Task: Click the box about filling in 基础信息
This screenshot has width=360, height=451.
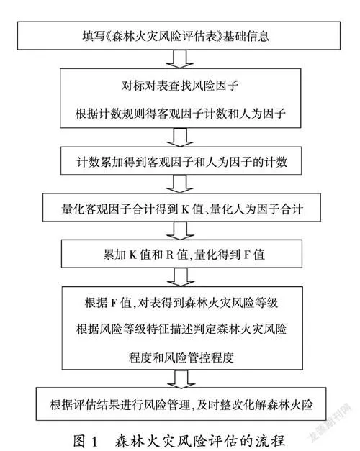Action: click(x=179, y=35)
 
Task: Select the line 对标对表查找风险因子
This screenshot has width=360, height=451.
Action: click(x=180, y=86)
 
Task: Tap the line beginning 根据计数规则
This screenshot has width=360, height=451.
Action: click(x=180, y=114)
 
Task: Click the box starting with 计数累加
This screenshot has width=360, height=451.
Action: click(x=181, y=161)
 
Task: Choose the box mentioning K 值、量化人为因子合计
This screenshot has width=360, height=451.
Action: click(x=181, y=207)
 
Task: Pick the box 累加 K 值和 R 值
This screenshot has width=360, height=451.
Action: click(x=181, y=254)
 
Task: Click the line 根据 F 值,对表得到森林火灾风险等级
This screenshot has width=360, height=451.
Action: click(x=181, y=303)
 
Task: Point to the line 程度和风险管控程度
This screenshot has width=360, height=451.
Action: click(x=181, y=357)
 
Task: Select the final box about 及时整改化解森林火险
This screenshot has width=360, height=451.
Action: click(x=181, y=404)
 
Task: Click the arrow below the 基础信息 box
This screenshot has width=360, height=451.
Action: click(x=180, y=59)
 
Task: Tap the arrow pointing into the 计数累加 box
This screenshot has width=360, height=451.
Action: click(x=180, y=137)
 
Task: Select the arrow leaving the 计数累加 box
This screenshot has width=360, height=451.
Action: click(x=180, y=184)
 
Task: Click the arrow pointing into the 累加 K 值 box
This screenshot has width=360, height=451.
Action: click(x=181, y=231)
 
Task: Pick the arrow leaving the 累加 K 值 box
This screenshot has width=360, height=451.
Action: click(x=181, y=277)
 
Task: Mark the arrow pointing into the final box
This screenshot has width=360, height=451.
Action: click(x=181, y=378)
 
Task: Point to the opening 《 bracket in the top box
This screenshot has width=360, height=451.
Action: click(x=108, y=37)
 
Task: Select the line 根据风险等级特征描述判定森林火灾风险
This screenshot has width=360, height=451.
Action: click(x=181, y=329)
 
